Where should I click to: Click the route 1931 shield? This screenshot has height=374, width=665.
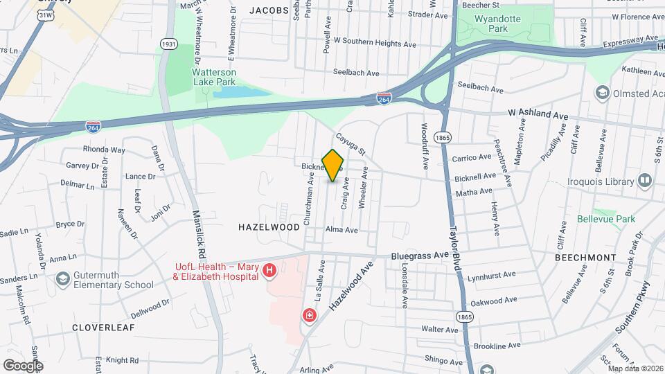tap(168, 44)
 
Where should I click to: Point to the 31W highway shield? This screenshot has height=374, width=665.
tap(45, 15)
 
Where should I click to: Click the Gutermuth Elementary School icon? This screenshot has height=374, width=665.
tap(62, 279)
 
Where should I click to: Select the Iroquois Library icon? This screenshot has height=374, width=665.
tap(646, 181)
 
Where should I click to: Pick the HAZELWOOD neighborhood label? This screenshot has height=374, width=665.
tap(269, 226)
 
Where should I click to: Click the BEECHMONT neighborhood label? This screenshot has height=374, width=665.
tap(585, 257)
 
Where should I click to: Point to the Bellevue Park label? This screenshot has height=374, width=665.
tap(606, 220)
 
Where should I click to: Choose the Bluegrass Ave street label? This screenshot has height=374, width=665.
tap(420, 255)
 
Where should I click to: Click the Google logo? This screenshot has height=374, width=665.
tap(23, 365)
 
